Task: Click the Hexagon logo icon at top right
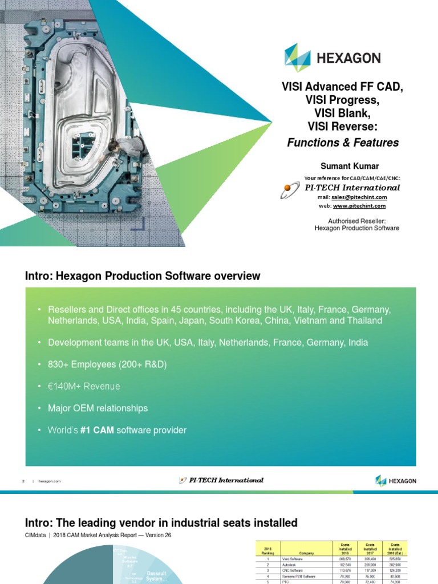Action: tap(297, 58)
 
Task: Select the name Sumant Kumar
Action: tap(342, 166)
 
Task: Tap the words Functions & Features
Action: tap(342, 143)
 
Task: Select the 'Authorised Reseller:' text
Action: tap(357, 220)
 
